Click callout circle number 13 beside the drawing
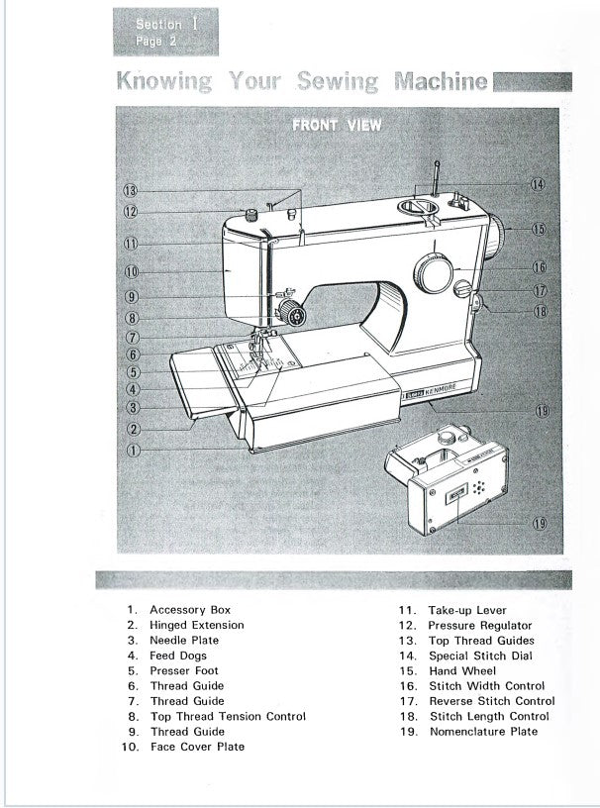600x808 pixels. tap(132, 190)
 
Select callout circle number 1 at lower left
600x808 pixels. tap(132, 450)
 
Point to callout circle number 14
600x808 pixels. tap(537, 184)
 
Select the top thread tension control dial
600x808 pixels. tap(291, 315)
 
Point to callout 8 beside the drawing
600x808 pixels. tap(132, 319)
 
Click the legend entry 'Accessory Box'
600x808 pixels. tap(190, 610)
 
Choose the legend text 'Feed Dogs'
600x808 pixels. tap(177, 656)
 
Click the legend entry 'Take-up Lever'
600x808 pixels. tap(466, 610)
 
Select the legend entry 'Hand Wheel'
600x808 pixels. tap(462, 670)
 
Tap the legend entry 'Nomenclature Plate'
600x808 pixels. tap(484, 731)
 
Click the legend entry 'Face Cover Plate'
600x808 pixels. tap(197, 746)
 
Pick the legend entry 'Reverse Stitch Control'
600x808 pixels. tap(491, 701)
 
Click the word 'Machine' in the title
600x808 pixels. tap(441, 82)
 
